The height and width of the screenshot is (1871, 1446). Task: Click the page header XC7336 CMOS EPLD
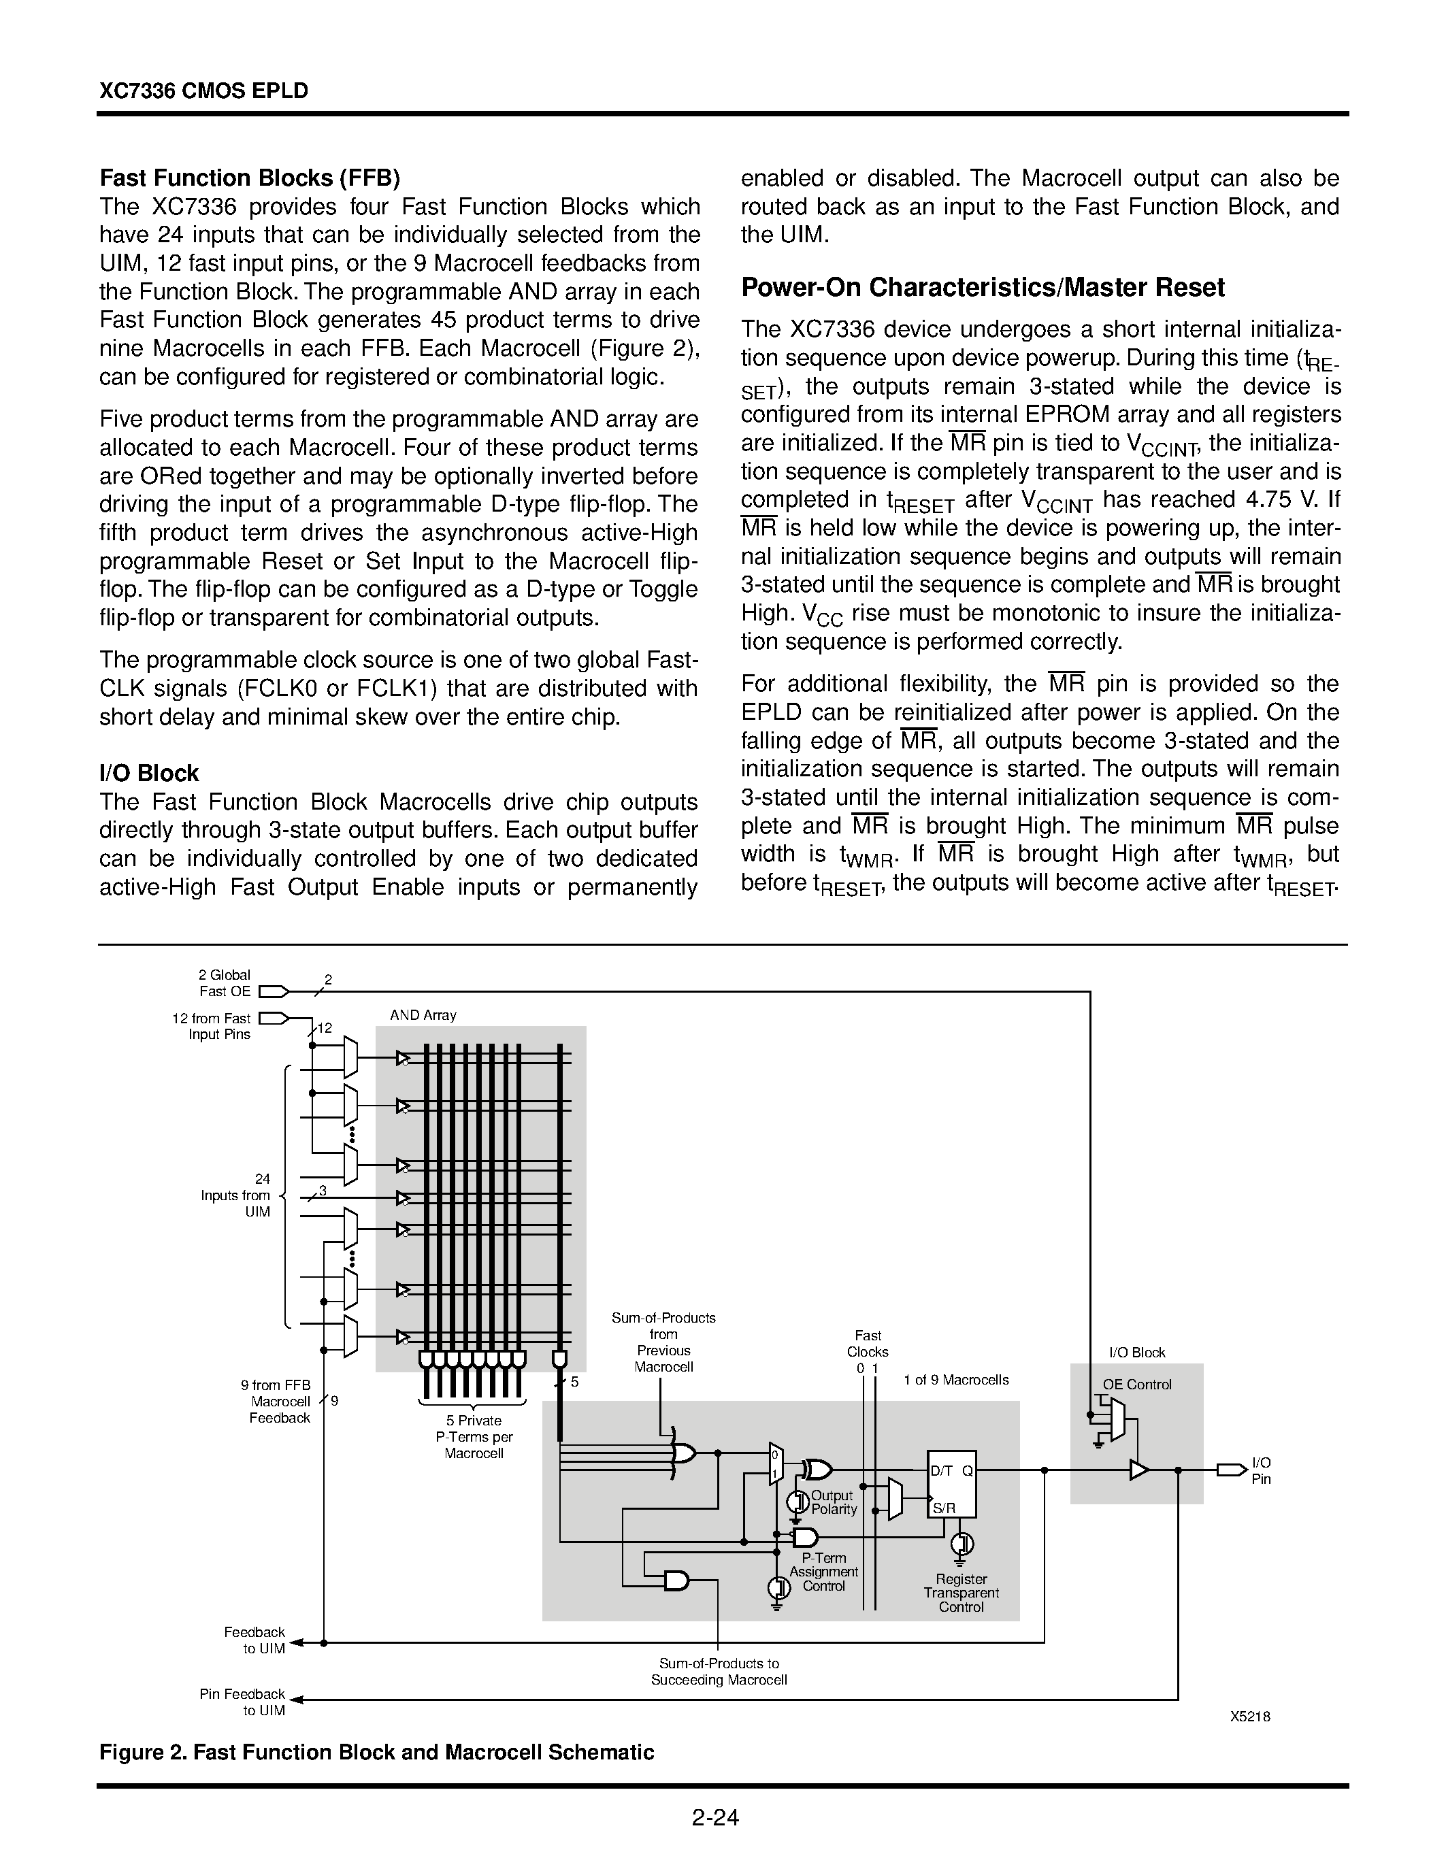pos(203,90)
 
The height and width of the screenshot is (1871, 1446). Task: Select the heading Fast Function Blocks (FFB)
pos(249,178)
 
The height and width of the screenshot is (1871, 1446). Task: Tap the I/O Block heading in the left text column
pos(149,773)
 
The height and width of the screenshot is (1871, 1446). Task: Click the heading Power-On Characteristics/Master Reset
pos(982,287)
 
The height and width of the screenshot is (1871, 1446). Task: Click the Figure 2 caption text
pos(376,1752)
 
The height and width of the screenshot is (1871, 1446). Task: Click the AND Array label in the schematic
pos(423,1014)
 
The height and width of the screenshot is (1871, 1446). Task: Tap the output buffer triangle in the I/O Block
pos(1138,1470)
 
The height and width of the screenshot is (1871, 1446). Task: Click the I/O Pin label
pos(1261,1470)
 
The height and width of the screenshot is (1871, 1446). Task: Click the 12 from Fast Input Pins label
pos(212,1026)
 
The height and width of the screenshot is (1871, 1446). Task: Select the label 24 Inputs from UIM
pos(236,1195)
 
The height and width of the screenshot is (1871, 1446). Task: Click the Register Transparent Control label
pos(960,1593)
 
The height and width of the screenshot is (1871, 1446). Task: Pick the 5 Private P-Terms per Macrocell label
pos(473,1437)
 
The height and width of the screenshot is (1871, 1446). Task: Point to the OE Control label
pos(1137,1385)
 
